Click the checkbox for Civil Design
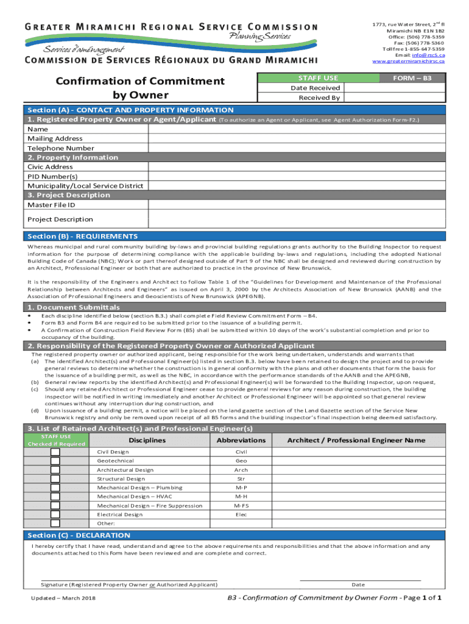(55, 452)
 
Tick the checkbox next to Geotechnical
(55, 461)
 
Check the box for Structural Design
(55, 479)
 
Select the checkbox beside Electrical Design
(55, 514)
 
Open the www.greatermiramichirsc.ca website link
(408, 62)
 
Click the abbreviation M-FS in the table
(241, 506)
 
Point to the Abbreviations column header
(241, 440)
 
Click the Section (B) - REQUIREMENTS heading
(83, 236)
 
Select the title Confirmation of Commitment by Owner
(140, 88)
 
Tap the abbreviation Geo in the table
(241, 461)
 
